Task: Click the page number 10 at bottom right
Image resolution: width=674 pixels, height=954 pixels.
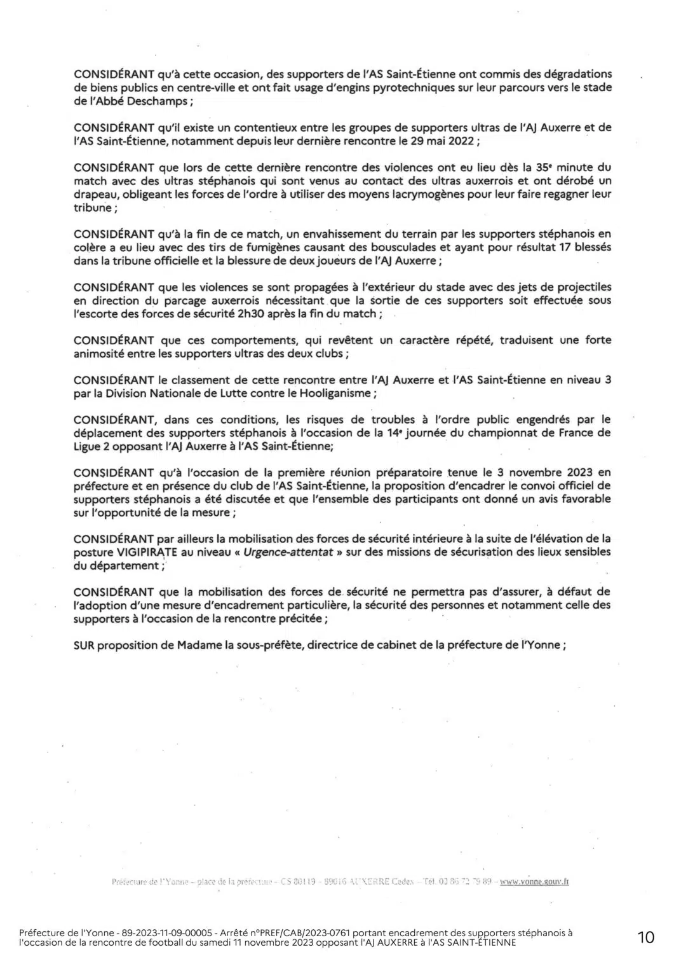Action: click(645, 936)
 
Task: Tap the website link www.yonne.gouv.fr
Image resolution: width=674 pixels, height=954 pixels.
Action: click(534, 881)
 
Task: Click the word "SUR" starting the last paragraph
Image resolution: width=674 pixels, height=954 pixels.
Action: click(84, 644)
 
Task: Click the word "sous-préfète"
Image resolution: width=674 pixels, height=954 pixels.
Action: click(273, 644)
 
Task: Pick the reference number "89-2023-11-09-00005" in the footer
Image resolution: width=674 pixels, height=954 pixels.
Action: click(168, 932)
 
